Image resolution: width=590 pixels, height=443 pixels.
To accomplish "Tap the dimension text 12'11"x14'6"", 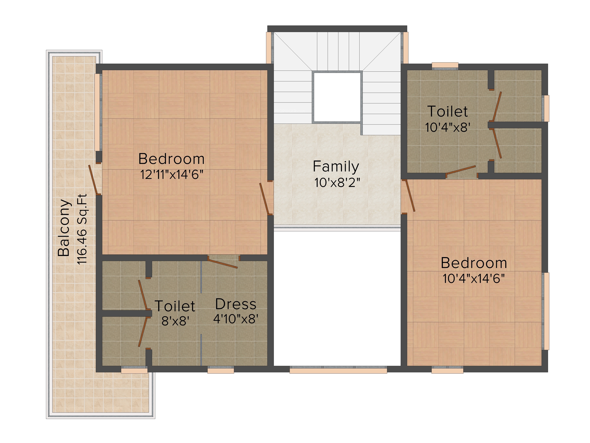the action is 172,175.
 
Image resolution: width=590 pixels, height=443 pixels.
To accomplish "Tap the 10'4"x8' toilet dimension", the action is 448,127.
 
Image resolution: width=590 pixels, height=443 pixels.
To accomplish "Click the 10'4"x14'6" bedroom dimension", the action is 474,278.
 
